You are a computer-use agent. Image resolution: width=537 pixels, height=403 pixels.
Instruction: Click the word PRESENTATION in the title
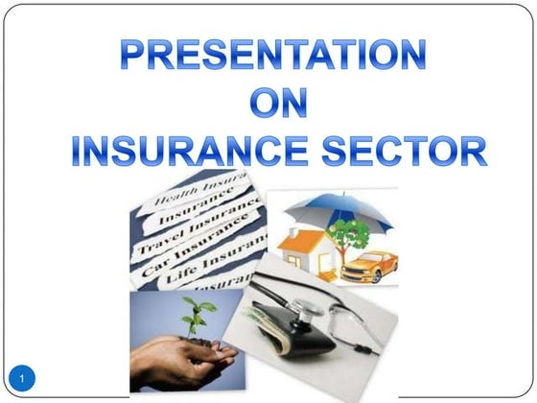[x=273, y=57]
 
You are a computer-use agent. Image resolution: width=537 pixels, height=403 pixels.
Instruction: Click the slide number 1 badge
[x=26, y=376]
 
